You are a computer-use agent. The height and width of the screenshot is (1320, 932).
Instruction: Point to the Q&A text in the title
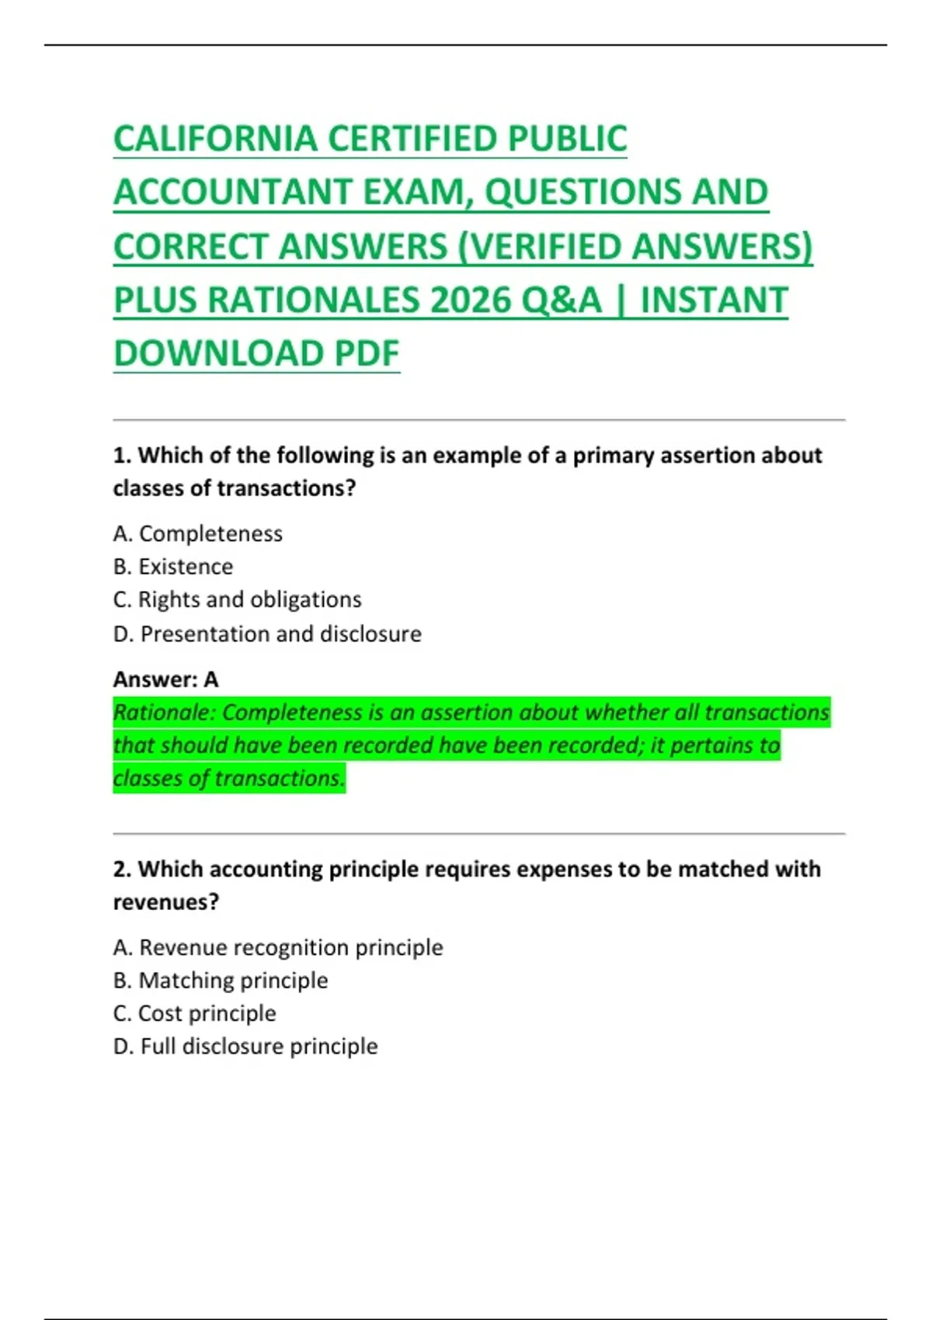tap(561, 300)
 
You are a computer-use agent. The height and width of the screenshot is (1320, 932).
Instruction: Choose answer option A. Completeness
tap(198, 534)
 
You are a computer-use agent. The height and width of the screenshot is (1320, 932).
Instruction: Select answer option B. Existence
tap(173, 567)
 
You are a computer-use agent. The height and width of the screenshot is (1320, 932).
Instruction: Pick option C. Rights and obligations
tap(238, 599)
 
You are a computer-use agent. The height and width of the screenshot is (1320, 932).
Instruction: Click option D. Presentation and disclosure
tap(267, 634)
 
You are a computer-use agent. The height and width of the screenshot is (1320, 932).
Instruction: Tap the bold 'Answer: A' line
tap(165, 679)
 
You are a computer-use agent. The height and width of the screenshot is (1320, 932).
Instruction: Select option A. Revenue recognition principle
tap(278, 947)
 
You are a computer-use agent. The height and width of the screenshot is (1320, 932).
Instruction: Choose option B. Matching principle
tap(221, 981)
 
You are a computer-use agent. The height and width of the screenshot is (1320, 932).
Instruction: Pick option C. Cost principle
tap(195, 1013)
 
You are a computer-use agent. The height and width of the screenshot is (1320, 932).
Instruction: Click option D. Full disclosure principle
tap(245, 1047)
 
